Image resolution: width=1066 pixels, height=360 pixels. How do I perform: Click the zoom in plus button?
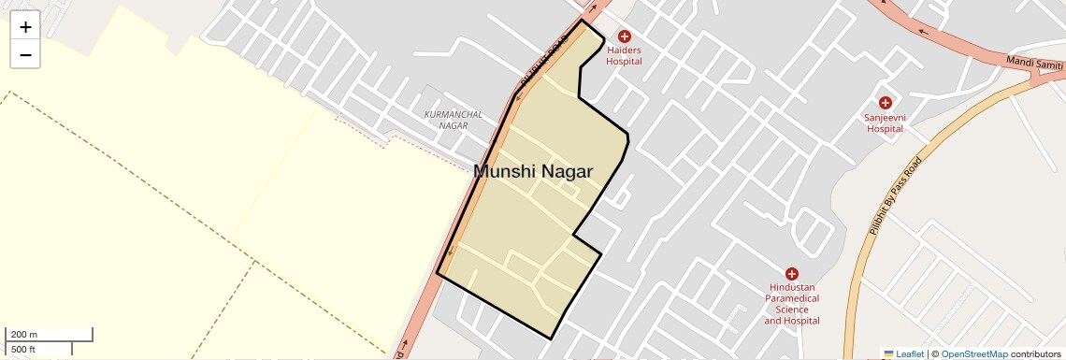25,27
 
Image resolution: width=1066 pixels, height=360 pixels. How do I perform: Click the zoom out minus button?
25,55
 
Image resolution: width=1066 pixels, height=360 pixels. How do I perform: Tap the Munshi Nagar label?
533,171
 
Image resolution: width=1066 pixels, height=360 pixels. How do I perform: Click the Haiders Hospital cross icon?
625,36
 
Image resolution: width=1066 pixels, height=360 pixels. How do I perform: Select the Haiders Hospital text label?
625,55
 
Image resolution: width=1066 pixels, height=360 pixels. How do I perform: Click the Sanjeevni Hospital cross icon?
885,102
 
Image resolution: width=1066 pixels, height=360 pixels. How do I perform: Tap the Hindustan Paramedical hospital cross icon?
792,274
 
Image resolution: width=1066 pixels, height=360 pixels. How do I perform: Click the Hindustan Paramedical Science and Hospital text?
792,304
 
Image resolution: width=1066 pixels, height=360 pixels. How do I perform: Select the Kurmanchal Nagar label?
454,120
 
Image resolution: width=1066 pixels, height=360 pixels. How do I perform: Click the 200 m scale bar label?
23,335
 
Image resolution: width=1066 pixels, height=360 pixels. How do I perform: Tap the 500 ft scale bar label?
23,350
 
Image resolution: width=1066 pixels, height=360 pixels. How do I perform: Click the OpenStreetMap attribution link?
973,354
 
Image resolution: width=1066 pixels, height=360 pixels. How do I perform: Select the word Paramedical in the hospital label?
792,298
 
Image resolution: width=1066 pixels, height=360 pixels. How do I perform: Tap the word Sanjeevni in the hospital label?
885,118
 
